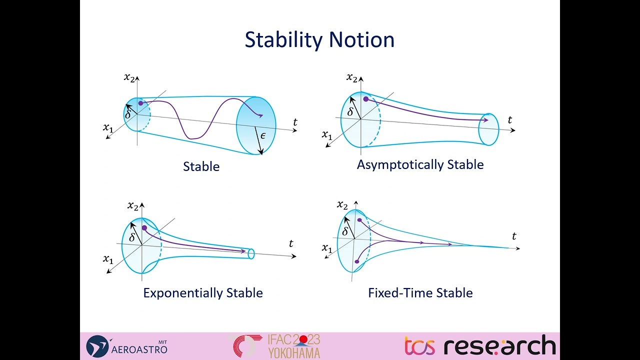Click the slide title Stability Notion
[x=319, y=40]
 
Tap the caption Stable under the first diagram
[x=201, y=166]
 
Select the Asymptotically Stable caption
[x=420, y=164]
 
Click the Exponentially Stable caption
[x=203, y=292]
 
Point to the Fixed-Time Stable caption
[x=420, y=292]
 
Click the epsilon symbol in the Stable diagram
[x=263, y=135]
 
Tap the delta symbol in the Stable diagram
[x=128, y=114]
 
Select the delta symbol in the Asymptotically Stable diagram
[x=350, y=112]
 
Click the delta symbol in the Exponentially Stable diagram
[x=132, y=237]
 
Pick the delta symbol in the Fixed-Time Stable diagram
[x=345, y=231]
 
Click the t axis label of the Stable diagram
[x=295, y=122]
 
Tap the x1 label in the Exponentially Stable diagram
[x=108, y=258]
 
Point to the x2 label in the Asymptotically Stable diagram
[x=352, y=77]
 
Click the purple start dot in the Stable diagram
[x=141, y=103]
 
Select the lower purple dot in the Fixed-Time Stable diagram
[x=356, y=261]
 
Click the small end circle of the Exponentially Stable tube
[x=251, y=253]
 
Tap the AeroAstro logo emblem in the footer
[x=97, y=346]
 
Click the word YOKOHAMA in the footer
[x=294, y=353]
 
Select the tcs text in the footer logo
[x=419, y=346]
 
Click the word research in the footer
[x=499, y=346]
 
